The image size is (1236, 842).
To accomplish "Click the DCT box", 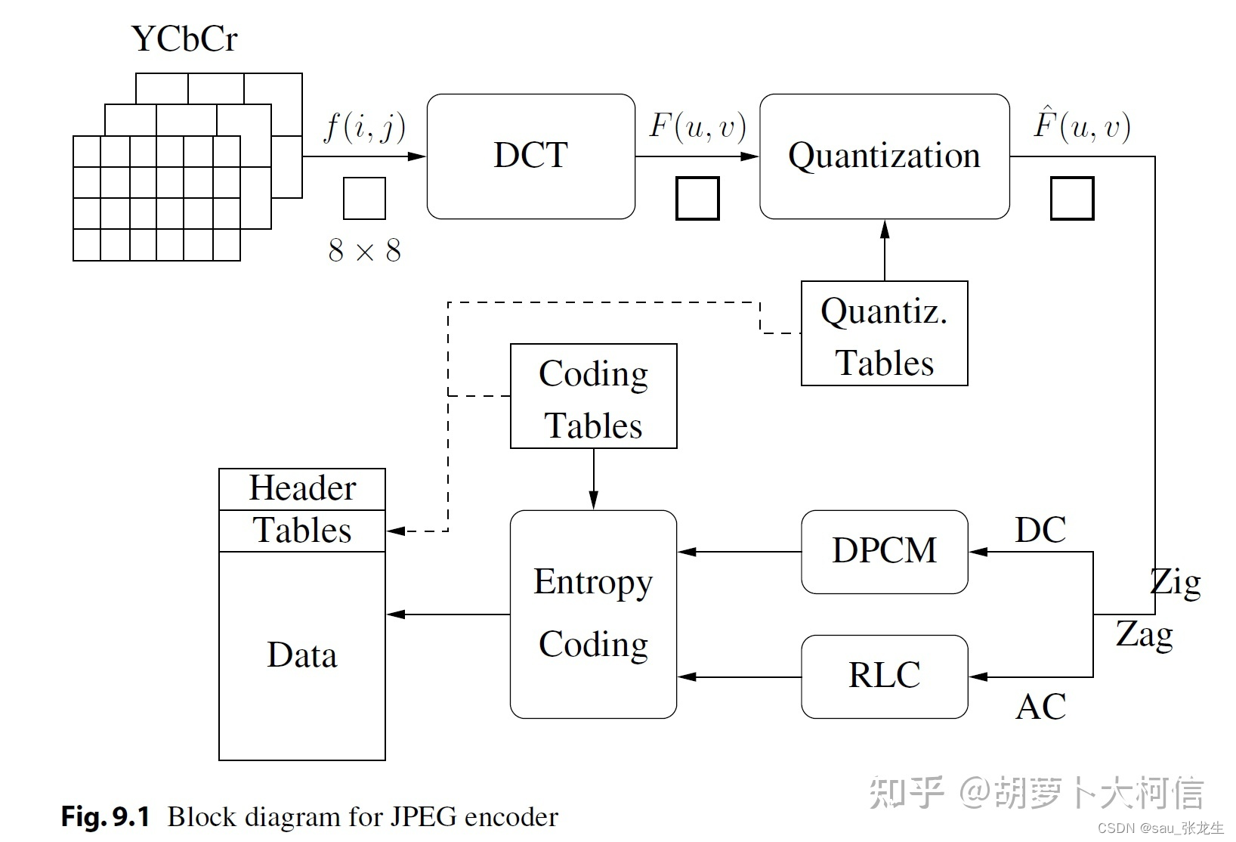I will click(x=530, y=156).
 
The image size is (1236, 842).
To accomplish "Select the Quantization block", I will click(x=884, y=156).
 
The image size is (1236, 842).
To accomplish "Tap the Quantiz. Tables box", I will click(x=884, y=333).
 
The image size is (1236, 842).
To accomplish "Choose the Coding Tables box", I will click(x=593, y=396).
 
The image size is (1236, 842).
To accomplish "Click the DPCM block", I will click(x=884, y=551).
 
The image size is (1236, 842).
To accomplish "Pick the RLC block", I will click(x=884, y=676).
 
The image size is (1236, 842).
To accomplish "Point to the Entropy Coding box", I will click(x=593, y=614).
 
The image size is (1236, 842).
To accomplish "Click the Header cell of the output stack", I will click(x=302, y=489).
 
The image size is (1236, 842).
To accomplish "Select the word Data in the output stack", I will click(x=302, y=655).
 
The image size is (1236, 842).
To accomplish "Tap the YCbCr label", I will click(x=184, y=39).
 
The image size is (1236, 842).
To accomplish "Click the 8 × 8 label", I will click(x=364, y=251).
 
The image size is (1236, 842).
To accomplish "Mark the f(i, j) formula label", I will click(x=364, y=126).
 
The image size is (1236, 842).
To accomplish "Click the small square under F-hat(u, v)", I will click(x=1072, y=199).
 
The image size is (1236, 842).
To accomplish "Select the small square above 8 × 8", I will click(x=364, y=199).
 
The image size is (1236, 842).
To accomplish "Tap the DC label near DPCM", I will click(x=1040, y=530).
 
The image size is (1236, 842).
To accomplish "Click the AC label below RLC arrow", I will click(x=1040, y=707).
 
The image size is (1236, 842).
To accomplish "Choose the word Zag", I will click(x=1144, y=635).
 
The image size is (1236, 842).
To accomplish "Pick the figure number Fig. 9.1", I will click(x=106, y=817).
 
